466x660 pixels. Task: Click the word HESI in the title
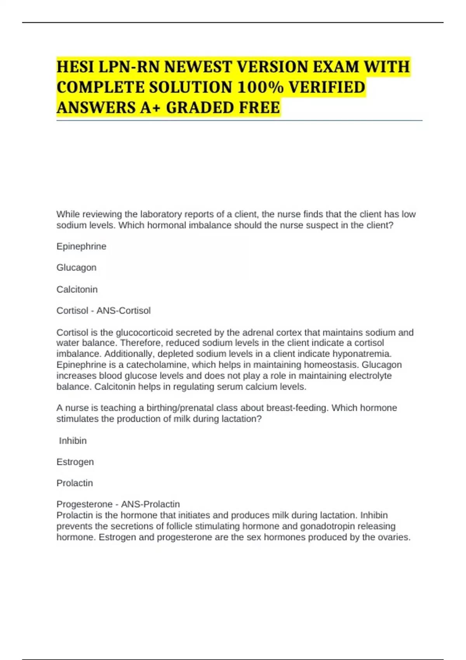[x=75, y=67]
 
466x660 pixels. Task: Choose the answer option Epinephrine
[x=81, y=247]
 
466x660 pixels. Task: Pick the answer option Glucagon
[x=76, y=267]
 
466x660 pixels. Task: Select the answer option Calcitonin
[x=77, y=289]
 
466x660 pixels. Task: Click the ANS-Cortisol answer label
[x=123, y=311]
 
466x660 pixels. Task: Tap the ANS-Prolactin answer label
[x=150, y=504]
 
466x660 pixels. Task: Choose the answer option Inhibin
[x=73, y=441]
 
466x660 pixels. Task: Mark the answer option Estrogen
[x=75, y=462]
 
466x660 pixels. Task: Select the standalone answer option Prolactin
[x=75, y=483]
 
